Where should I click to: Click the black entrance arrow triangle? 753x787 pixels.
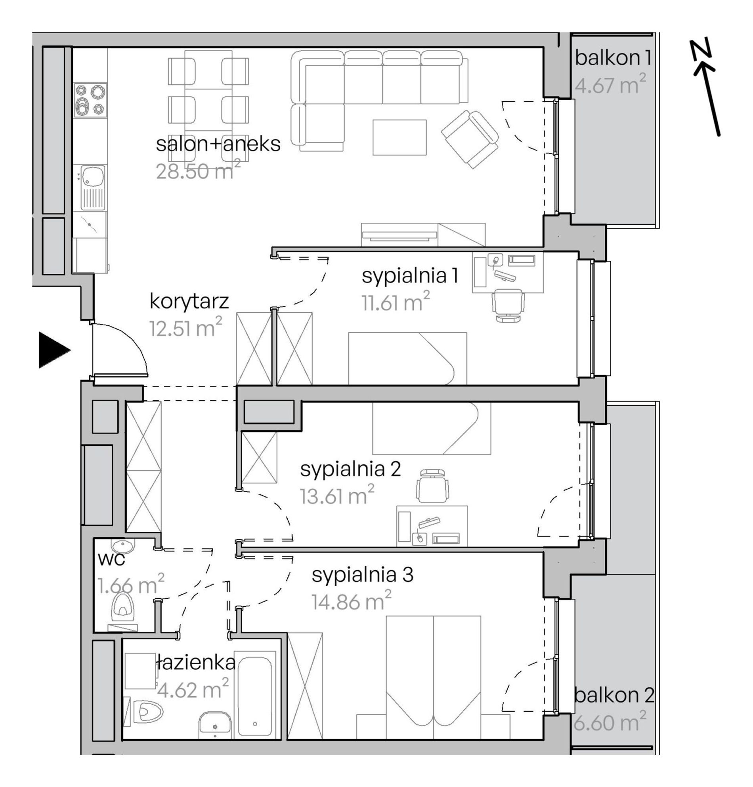pos(54,350)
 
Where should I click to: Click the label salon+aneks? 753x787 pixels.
pos(218,144)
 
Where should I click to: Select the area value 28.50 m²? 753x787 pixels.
pos(198,170)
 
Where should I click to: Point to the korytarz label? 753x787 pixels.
pos(189,301)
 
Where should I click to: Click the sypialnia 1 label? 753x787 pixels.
pos(410,277)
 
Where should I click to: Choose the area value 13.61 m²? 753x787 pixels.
pos(337,495)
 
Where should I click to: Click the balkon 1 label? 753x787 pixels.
pos(613,58)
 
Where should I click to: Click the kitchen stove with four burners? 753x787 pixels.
pos(90,100)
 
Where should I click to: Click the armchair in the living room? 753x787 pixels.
pos(470,139)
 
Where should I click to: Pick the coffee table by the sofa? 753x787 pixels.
pos(399,137)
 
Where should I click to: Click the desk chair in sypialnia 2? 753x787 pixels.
pos(432,485)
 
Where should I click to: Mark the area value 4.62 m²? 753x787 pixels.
pos(193,689)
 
